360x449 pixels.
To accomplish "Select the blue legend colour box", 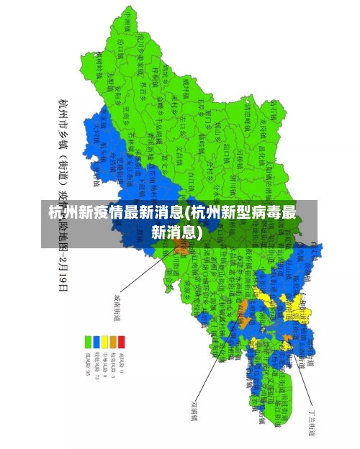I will [98, 341].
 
